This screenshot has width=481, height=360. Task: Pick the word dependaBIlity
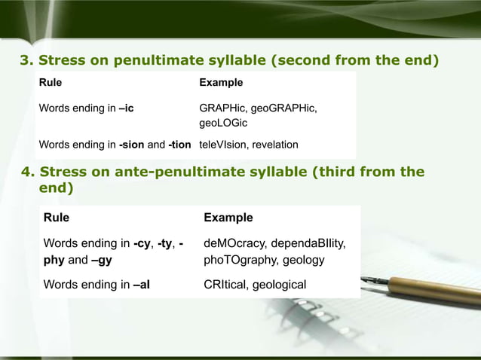point(311,243)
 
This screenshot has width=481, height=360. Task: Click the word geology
point(302,261)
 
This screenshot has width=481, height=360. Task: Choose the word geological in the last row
point(280,285)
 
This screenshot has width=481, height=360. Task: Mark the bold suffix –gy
point(101,261)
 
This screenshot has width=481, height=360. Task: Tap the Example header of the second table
point(228,218)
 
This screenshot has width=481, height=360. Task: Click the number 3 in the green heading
point(24,60)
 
